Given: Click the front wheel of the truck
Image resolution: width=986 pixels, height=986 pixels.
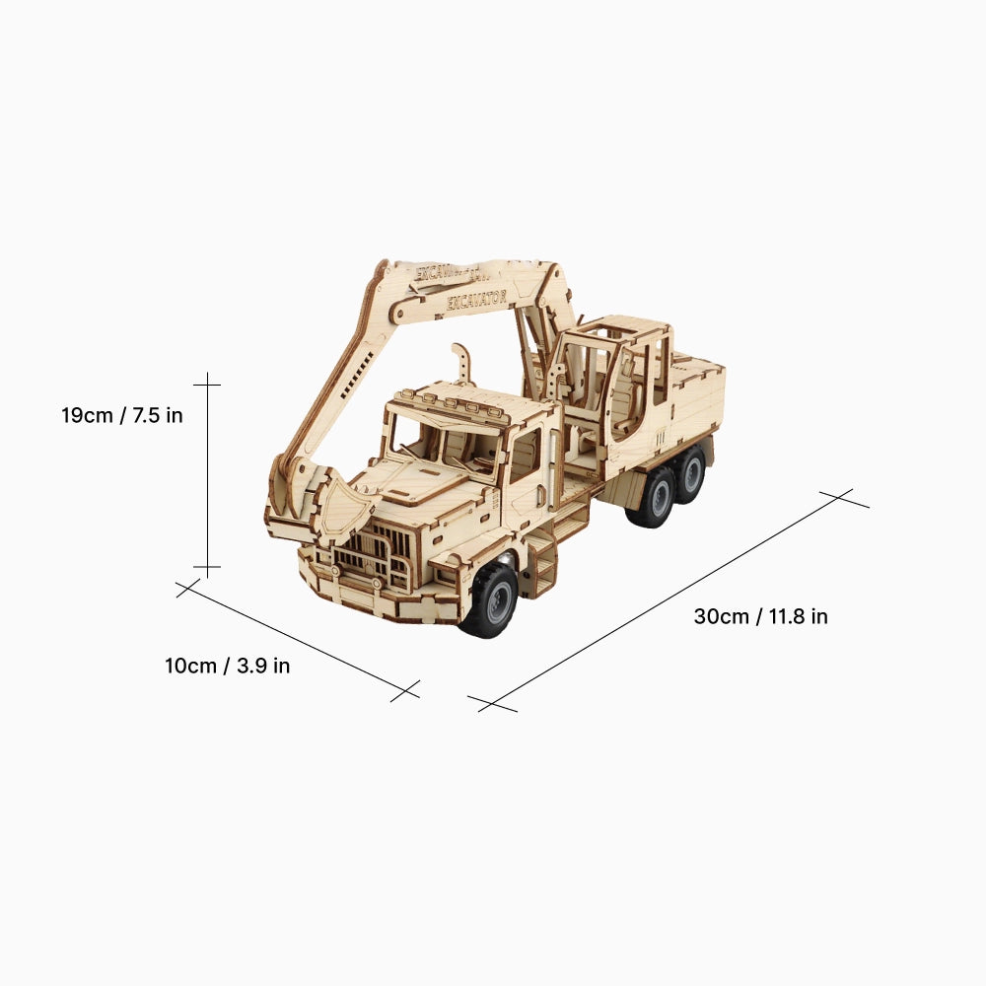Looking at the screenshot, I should pyautogui.click(x=490, y=599).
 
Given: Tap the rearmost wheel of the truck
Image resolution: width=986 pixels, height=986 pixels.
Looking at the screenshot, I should pyautogui.click(x=691, y=474).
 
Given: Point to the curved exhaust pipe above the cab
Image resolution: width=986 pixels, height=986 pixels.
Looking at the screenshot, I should pyautogui.click(x=460, y=363).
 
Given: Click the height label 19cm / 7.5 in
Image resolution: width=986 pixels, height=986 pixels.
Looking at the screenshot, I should pyautogui.click(x=122, y=415).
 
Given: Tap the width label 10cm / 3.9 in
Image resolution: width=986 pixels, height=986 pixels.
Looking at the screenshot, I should pyautogui.click(x=227, y=666).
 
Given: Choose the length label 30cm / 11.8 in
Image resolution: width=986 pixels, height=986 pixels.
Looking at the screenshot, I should pyautogui.click(x=760, y=616).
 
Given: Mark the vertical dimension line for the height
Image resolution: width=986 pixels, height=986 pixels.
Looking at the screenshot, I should pyautogui.click(x=207, y=473).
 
